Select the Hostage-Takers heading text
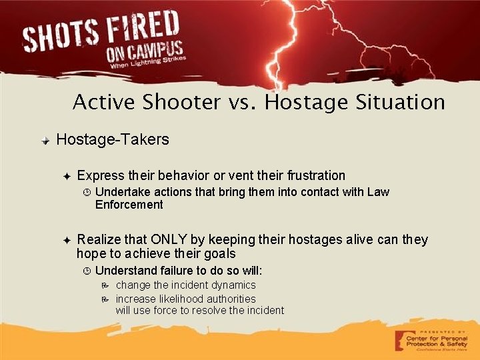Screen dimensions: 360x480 [x=113, y=140]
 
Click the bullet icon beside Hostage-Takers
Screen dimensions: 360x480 [x=45, y=141]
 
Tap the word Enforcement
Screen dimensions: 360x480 [x=129, y=205]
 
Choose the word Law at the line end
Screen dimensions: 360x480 [x=378, y=192]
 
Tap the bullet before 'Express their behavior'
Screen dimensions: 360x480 [x=67, y=176]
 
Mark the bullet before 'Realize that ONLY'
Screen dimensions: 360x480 [x=67, y=239]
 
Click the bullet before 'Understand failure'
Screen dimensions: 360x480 [x=86, y=271]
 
